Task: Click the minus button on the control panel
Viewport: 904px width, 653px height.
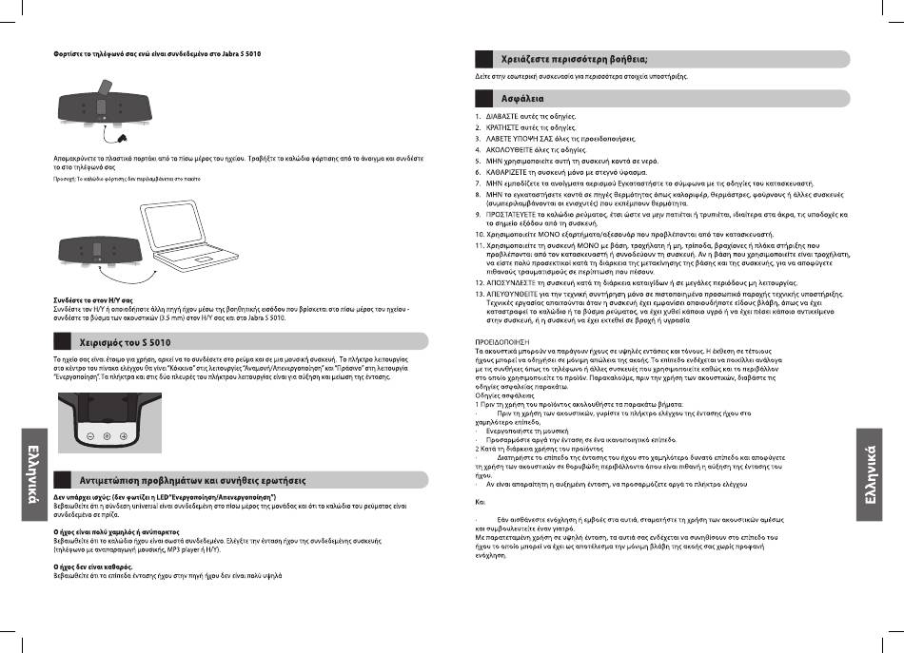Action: tap(89, 436)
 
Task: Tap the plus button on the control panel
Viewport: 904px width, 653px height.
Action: tap(124, 436)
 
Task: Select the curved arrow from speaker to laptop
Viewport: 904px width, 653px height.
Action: tap(105, 281)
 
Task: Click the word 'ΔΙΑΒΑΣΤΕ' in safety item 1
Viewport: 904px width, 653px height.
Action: tap(505, 117)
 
